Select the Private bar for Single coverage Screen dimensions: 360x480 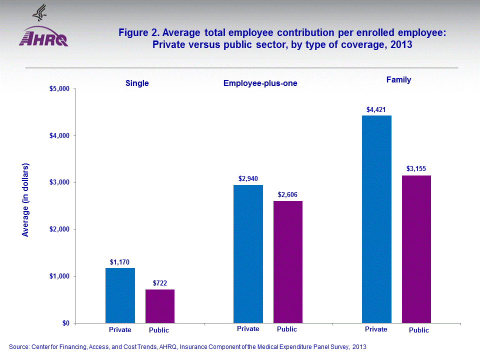120,295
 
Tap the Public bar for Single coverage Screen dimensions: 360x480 160,306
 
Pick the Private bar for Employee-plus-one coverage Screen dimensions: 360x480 248,254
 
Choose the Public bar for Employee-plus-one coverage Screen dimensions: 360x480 288,262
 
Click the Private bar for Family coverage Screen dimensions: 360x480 376,219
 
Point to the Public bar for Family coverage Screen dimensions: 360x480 416,249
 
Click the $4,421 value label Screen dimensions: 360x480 376,109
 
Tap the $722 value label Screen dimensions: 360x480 160,283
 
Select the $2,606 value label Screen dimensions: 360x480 288,194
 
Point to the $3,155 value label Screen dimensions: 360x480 416,169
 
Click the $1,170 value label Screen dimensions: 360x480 120,261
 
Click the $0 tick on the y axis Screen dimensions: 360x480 66,323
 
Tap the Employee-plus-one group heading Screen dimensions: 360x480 260,83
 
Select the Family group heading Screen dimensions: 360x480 398,79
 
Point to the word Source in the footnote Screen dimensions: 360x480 19,346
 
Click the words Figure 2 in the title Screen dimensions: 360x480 138,33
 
